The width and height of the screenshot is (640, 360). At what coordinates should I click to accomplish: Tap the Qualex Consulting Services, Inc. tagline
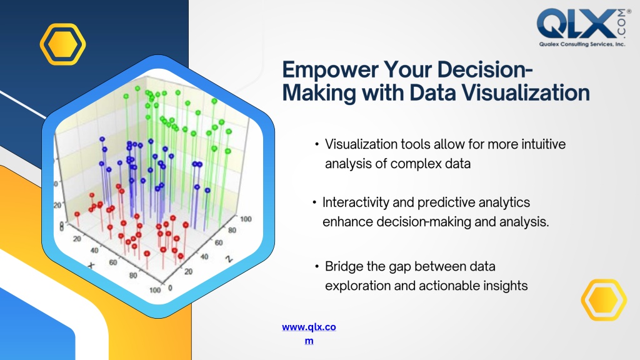point(582,44)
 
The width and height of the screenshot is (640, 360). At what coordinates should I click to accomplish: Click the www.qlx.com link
point(309,334)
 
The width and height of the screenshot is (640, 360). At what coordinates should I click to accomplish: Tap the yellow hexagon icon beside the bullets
point(604,300)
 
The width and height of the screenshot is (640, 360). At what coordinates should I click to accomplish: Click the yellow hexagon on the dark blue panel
point(63,44)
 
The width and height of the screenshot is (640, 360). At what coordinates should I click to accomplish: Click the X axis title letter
point(91,266)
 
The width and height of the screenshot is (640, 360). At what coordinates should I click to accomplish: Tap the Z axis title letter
point(229,258)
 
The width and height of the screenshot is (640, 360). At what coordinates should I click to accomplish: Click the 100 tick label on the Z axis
point(246,219)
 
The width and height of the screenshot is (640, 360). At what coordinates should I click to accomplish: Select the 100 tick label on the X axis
point(155,290)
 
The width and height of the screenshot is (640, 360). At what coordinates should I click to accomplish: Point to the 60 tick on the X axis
point(113,262)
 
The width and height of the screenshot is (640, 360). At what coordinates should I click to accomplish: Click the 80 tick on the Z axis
point(232,230)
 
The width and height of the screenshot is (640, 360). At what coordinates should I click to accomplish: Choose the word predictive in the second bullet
point(445,202)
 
